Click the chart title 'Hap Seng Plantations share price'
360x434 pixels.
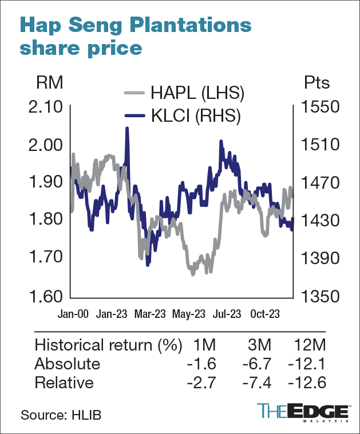click(x=135, y=36)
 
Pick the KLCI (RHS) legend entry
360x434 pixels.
click(x=183, y=116)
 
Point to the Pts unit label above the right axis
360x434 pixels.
click(x=317, y=83)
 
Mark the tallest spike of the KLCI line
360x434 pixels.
click(x=127, y=129)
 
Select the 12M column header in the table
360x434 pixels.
click(x=312, y=346)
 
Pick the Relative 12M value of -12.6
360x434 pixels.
click(x=309, y=383)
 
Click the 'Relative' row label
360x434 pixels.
click(x=64, y=383)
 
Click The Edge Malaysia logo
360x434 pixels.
click(x=303, y=412)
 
